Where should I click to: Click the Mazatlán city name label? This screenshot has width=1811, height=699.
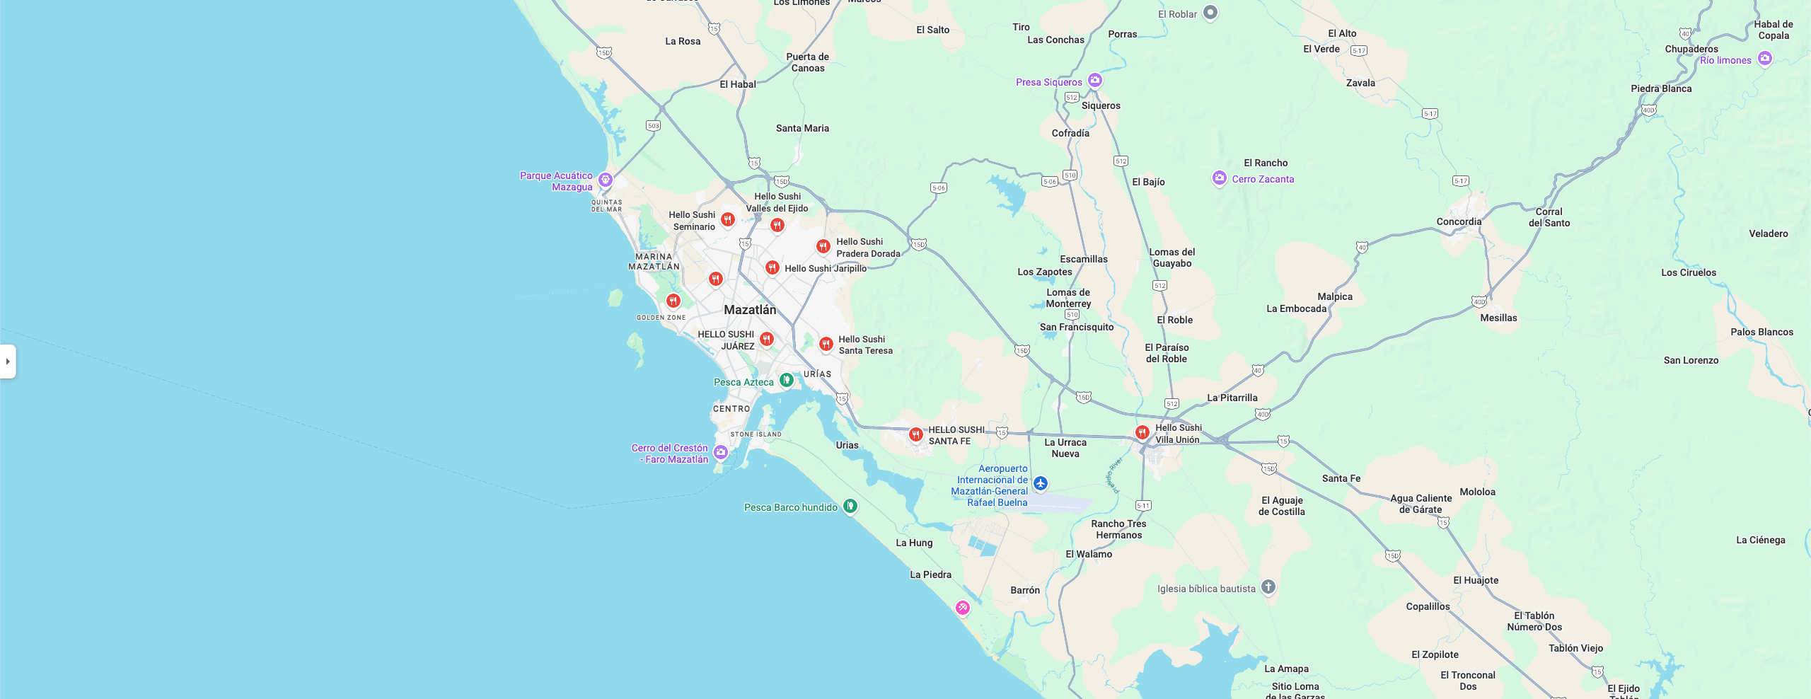tap(750, 310)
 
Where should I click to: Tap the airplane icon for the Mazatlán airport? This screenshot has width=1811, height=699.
tap(1040, 483)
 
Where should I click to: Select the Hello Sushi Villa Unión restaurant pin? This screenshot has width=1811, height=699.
tap(1142, 432)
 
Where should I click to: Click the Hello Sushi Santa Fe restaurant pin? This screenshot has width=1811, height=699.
tap(915, 434)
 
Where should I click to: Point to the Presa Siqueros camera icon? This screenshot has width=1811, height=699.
tap(1095, 80)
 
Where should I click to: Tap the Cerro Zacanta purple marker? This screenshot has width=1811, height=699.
tap(1219, 178)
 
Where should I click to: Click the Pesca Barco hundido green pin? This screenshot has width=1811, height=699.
tap(850, 506)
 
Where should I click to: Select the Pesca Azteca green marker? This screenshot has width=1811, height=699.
tap(786, 380)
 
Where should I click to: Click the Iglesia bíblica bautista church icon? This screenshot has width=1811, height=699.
tap(1268, 587)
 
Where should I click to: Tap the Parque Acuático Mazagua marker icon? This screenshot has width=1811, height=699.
tap(605, 179)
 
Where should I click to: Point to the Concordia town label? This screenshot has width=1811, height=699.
tap(1459, 221)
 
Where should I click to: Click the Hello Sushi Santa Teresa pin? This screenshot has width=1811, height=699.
tap(826, 344)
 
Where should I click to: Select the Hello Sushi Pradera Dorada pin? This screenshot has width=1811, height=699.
tap(823, 246)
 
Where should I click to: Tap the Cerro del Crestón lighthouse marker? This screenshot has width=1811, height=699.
tap(720, 452)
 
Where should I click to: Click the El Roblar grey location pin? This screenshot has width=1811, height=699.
tap(1210, 12)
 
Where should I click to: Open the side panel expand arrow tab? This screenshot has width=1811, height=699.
tap(8, 362)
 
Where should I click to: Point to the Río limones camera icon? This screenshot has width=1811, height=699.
tap(1765, 58)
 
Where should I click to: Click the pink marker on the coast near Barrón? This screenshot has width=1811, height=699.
tap(962, 607)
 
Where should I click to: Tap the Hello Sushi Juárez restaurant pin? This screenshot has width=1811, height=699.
tap(766, 339)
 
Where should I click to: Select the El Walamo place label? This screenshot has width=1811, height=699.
tap(1089, 554)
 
